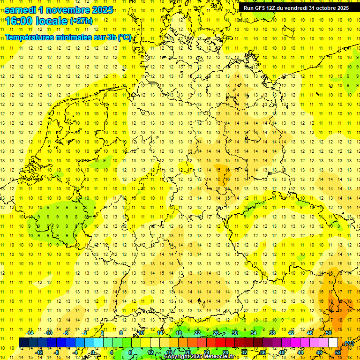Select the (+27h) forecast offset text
(81, 21)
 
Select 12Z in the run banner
(274, 8)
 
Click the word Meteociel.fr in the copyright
(217, 357)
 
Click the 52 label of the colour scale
(337, 352)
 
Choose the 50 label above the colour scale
(329, 333)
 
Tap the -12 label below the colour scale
(39, 352)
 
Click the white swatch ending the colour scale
(333, 343)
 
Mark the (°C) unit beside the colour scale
(348, 343)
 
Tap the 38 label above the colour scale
(272, 333)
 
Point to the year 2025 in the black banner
(342, 8)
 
